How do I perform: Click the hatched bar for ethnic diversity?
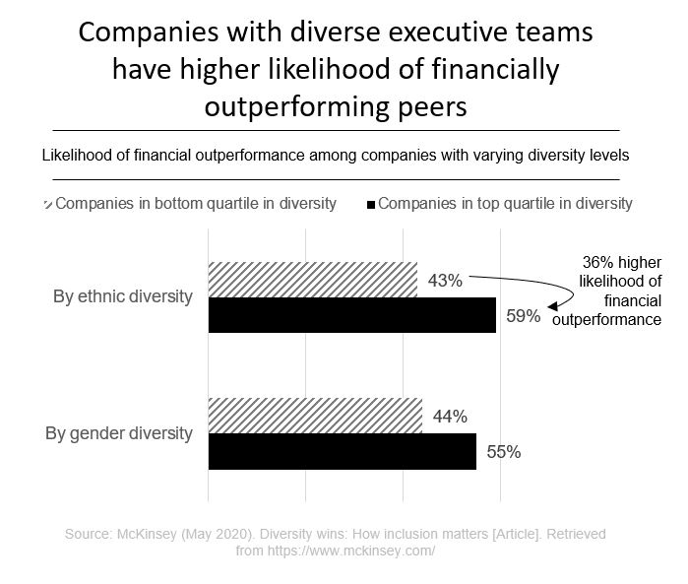312,280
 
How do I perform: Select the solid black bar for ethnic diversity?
351,315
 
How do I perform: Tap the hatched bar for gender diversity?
315,415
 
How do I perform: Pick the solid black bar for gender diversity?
342,451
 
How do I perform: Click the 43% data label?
445,281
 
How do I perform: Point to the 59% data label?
523,316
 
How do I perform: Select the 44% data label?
449,416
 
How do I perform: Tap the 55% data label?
503,452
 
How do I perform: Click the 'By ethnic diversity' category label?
122,296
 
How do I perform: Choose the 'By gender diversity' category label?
119,432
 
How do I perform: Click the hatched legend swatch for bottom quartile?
47,205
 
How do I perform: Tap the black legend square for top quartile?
371,206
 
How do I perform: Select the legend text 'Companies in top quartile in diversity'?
505,204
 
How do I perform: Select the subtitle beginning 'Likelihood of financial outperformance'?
335,155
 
